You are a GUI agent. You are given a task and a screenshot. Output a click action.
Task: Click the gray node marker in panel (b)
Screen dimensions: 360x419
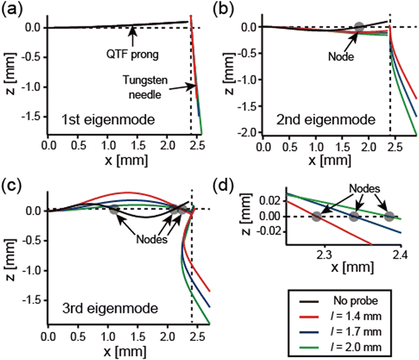point(359,28)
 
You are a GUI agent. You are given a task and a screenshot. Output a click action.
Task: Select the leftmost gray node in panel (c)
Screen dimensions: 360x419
point(114,211)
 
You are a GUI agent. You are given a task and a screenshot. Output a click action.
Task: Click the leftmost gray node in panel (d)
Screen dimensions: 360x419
point(317,217)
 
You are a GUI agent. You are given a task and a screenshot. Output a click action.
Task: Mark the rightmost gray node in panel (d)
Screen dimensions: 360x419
point(389,217)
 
